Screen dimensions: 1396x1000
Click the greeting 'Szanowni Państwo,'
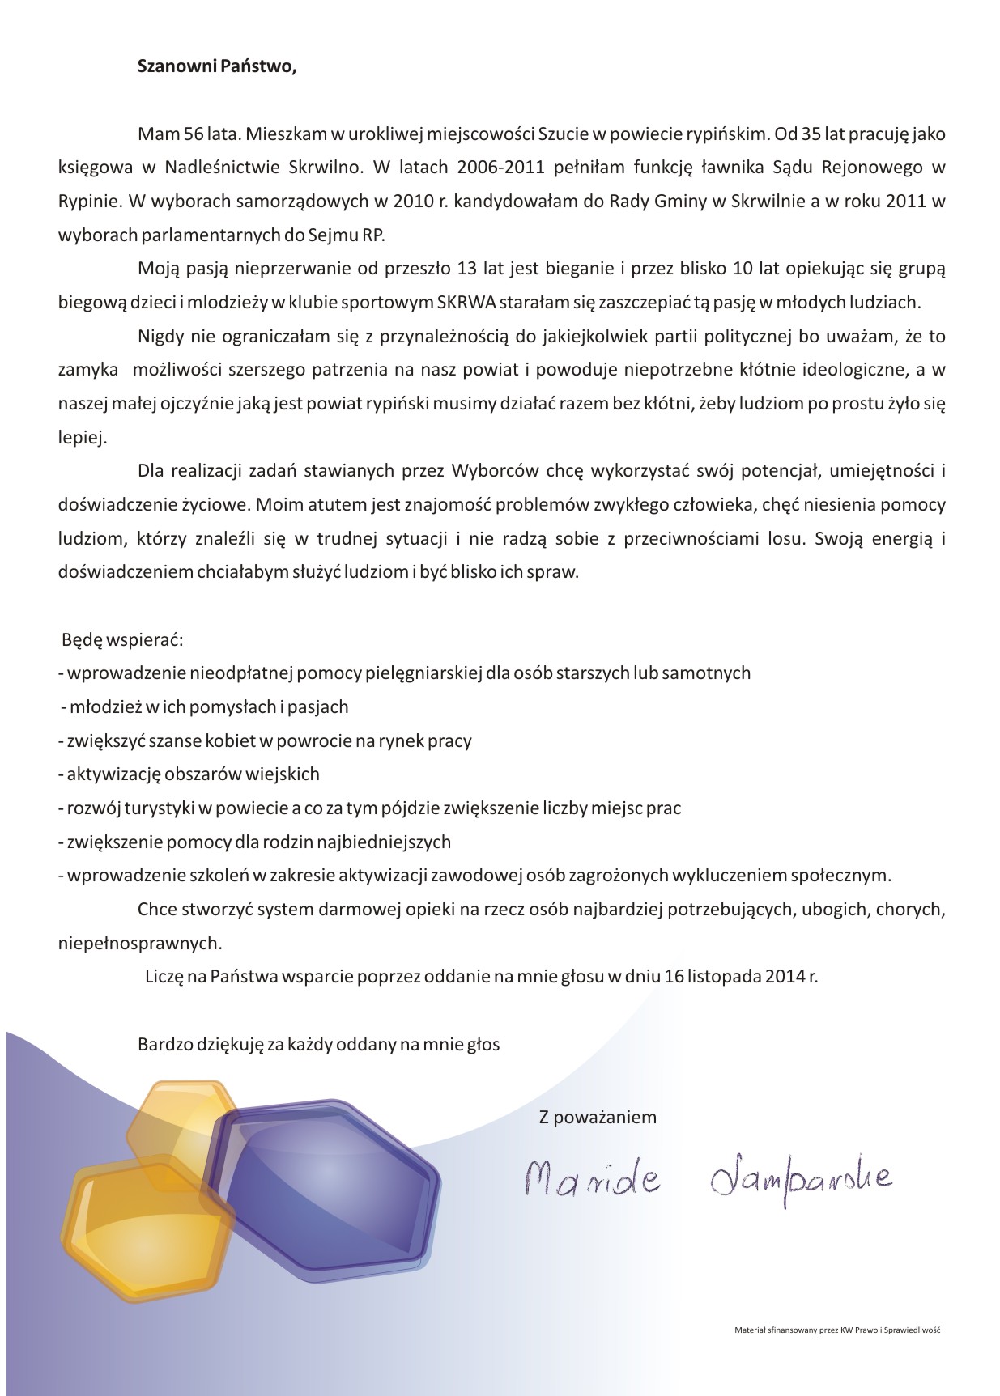click(x=217, y=67)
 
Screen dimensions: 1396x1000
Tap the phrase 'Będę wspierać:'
click(x=123, y=640)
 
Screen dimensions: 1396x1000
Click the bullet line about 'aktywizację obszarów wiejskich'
click(x=189, y=774)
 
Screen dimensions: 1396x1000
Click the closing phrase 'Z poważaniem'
click(x=598, y=1118)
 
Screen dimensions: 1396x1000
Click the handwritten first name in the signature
click(x=592, y=1181)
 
